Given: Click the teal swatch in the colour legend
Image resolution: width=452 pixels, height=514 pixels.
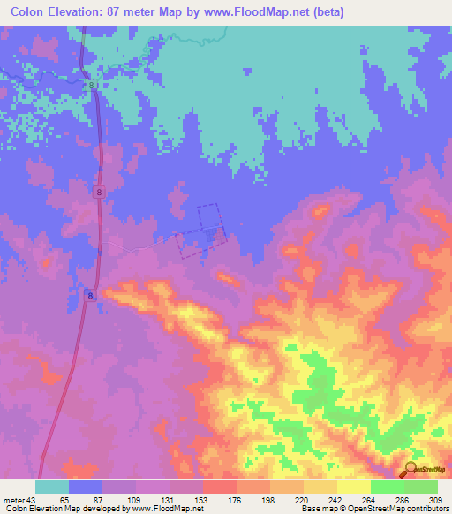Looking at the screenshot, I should point(52,487).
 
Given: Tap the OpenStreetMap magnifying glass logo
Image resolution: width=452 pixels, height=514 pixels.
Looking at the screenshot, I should point(411,470).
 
